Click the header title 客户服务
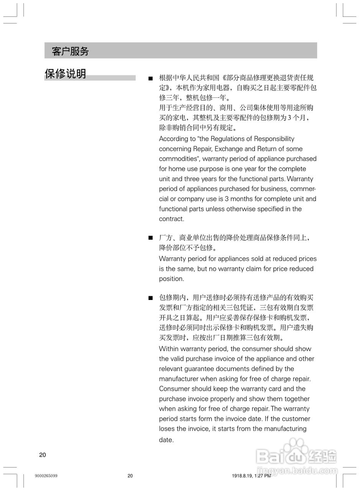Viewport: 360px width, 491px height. tap(70, 51)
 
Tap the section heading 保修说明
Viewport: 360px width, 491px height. tap(66, 74)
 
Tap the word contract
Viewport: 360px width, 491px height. tap(171, 219)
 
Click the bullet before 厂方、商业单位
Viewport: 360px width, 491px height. tap(151, 238)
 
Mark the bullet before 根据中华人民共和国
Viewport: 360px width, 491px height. tap(151, 78)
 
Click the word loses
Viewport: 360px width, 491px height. tap(167, 429)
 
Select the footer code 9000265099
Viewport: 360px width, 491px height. tap(46, 476)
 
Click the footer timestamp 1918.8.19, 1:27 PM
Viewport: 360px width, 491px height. tap(251, 476)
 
